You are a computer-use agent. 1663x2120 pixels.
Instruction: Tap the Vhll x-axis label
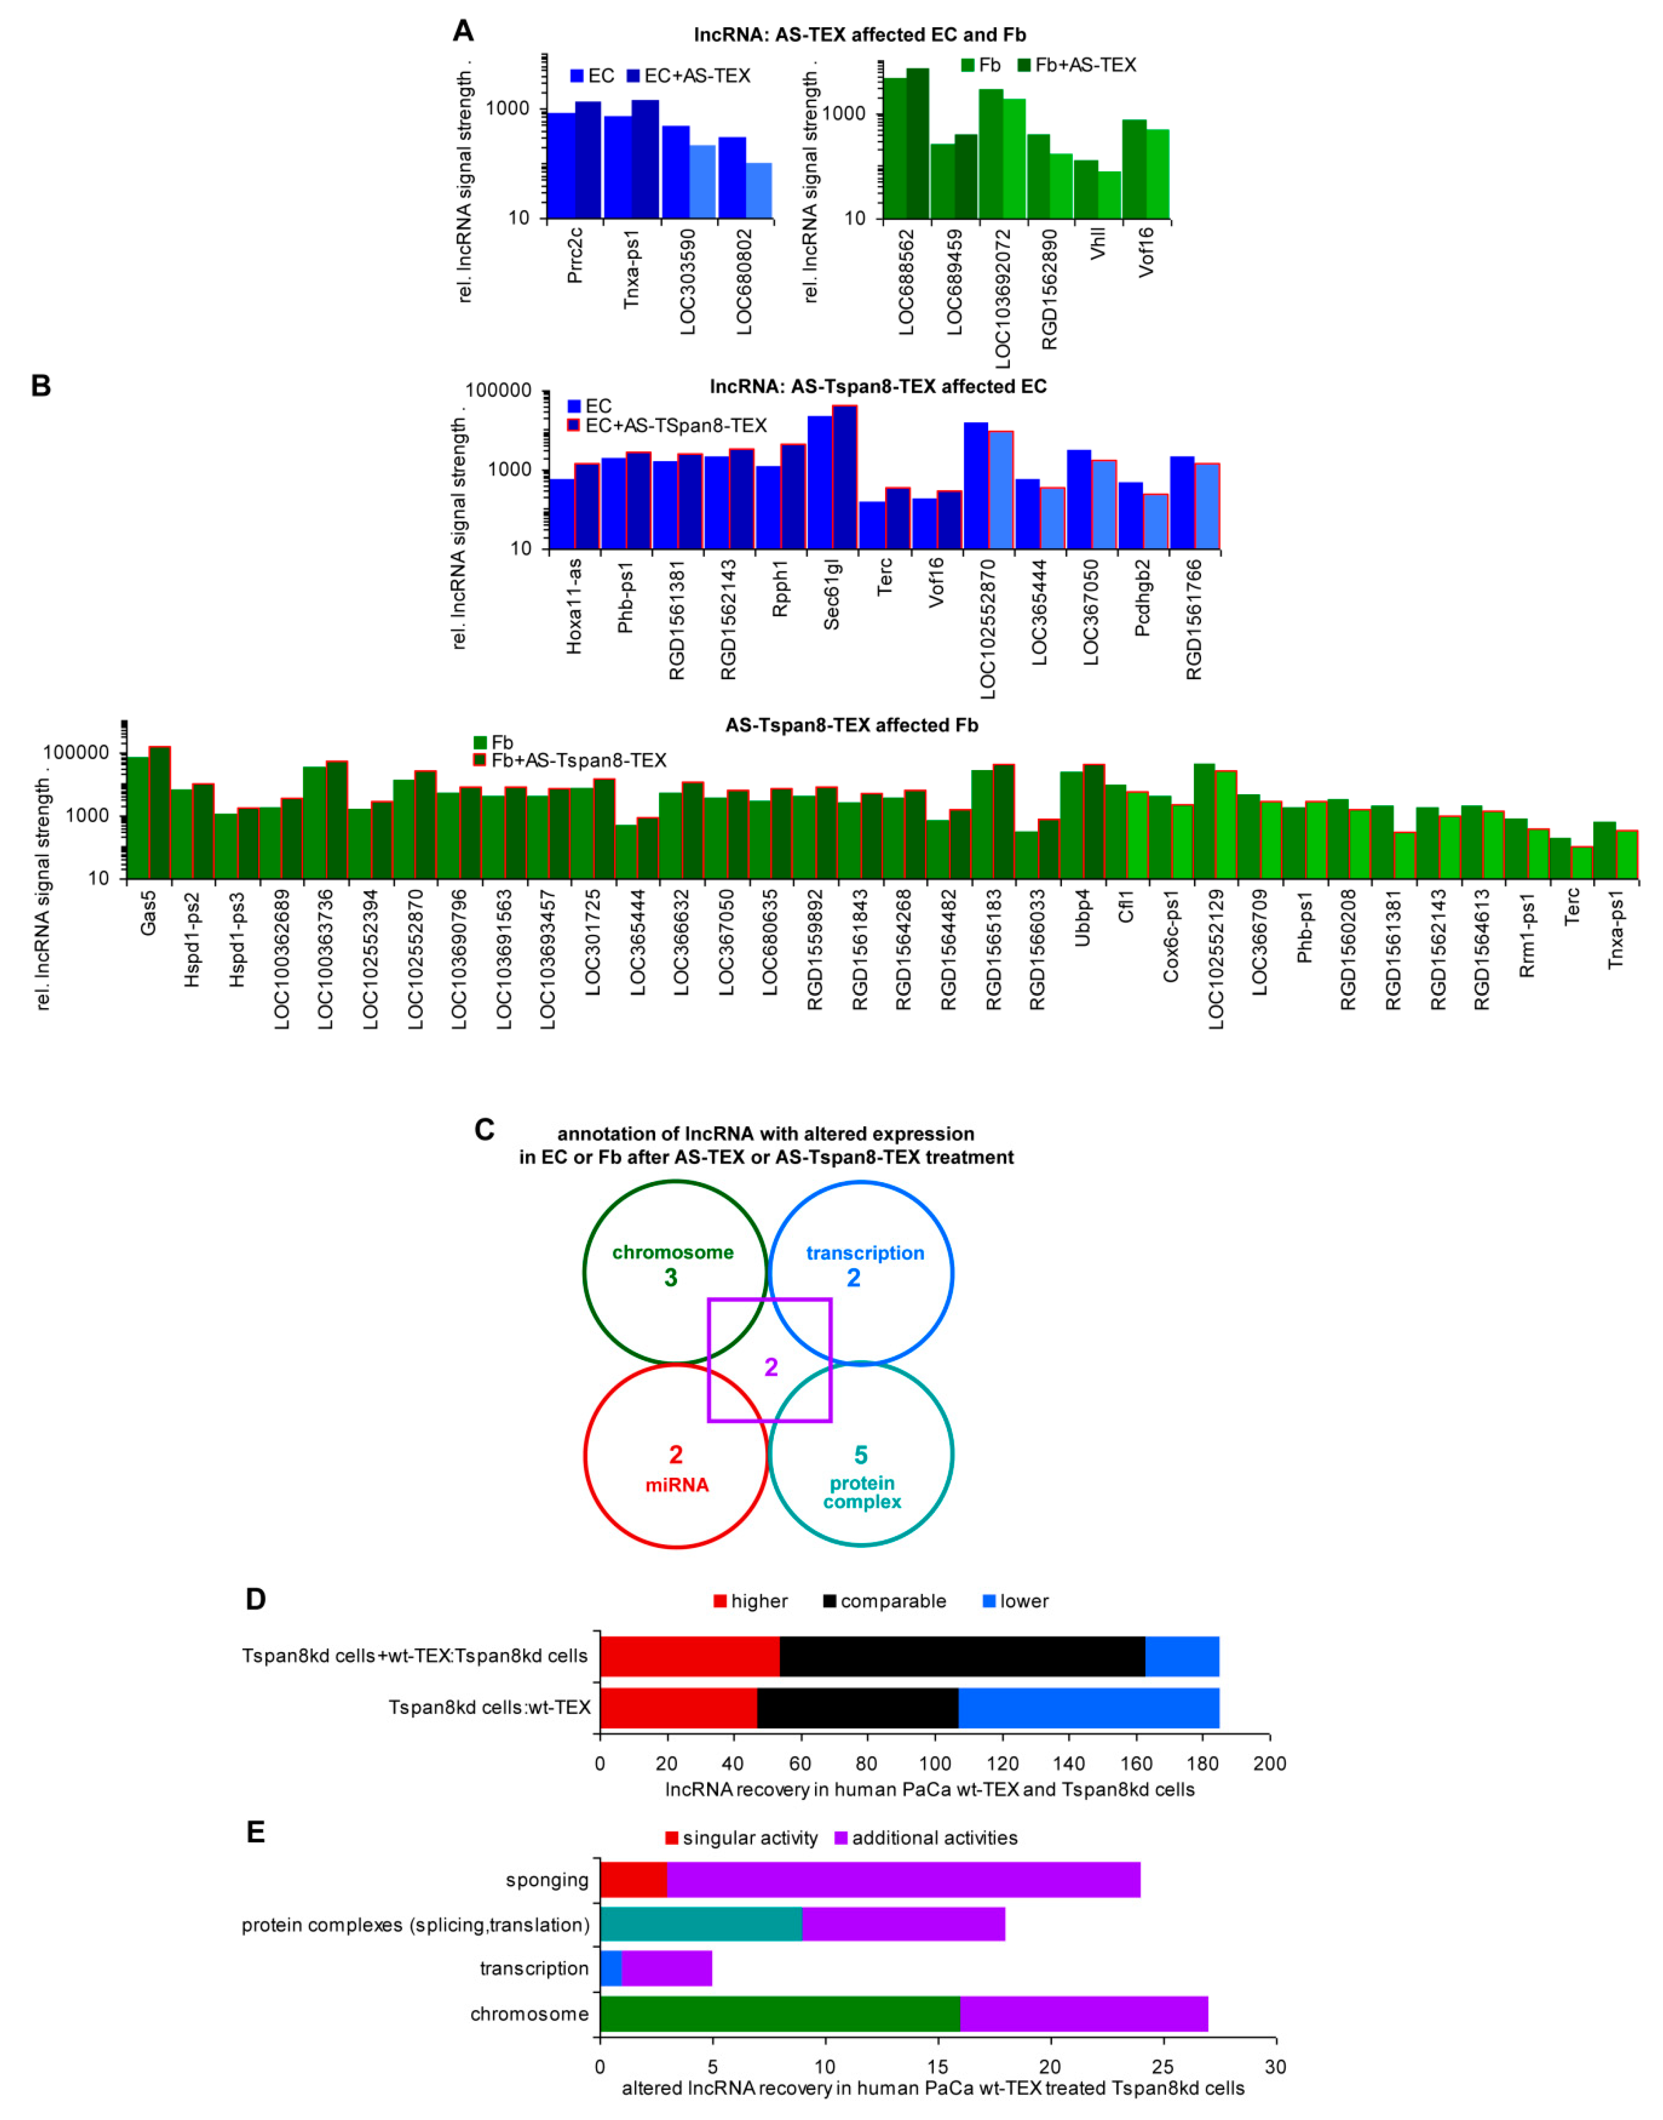1098,243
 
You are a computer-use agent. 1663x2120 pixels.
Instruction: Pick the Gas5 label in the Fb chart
148,913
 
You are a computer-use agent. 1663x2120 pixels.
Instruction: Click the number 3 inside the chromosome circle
671,1278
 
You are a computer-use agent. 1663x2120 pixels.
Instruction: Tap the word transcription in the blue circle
865,1253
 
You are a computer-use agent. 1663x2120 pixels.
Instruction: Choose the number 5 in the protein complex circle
861,1455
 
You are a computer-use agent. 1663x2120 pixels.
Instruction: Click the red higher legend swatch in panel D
720,1601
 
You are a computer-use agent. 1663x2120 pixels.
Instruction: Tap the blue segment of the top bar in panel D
1182,1656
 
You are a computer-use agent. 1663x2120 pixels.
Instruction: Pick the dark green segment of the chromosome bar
779,2014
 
